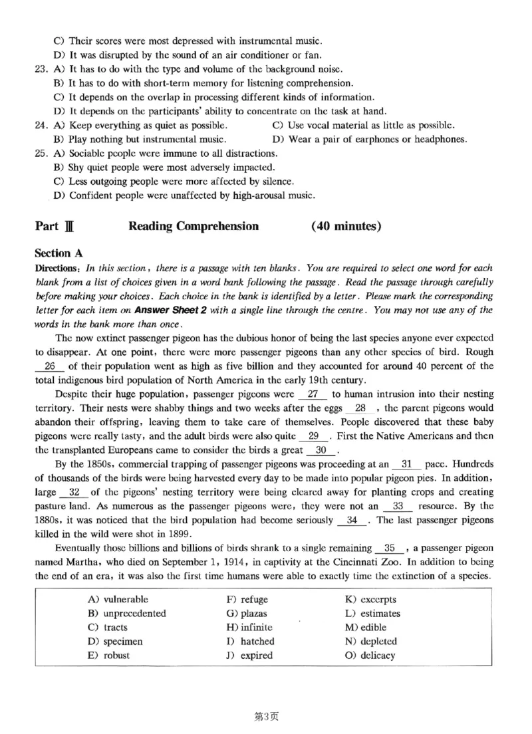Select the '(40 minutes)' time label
346,226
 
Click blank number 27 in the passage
311,394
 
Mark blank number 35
390,549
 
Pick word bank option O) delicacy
369,655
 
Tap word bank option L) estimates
372,614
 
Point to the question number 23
41,68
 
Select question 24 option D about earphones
370,139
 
